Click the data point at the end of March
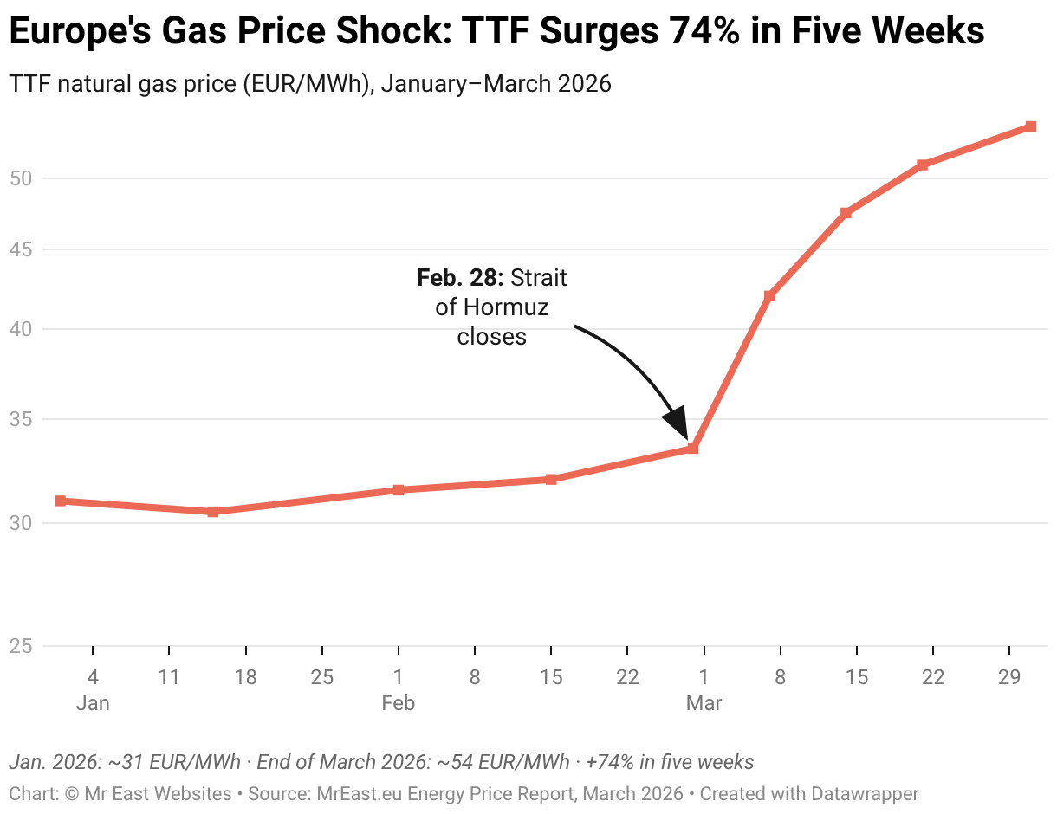tap(1030, 126)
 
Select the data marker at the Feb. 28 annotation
tap(692, 448)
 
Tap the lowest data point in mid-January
tap(212, 511)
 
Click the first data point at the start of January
tap(60, 501)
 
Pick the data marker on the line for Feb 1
tap(398, 489)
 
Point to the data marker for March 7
tap(769, 296)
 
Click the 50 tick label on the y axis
tap(21, 178)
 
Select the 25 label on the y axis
tap(21, 646)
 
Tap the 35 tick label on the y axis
tap(21, 418)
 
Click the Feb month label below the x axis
tap(398, 703)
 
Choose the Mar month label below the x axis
tap(704, 703)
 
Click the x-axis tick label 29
tap(1009, 677)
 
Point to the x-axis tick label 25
tap(322, 677)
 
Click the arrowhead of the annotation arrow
tap(678, 422)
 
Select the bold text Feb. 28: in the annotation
tap(460, 277)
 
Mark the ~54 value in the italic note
tap(456, 761)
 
